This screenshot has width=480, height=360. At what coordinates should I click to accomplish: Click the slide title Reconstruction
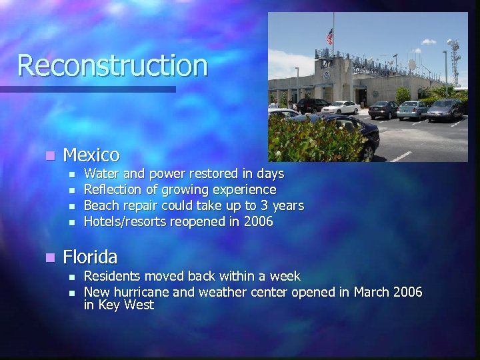point(113,65)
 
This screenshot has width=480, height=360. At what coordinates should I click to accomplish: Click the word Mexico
point(91,155)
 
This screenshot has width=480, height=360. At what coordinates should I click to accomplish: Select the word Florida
point(90,257)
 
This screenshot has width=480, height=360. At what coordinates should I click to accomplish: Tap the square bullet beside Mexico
point(48,156)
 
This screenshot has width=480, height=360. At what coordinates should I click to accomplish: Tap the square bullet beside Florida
point(48,257)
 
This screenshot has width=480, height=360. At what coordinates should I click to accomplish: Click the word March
point(372,292)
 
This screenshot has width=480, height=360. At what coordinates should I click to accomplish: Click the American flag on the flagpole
point(329,36)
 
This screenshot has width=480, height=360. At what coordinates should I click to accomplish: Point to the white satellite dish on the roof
point(411,64)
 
